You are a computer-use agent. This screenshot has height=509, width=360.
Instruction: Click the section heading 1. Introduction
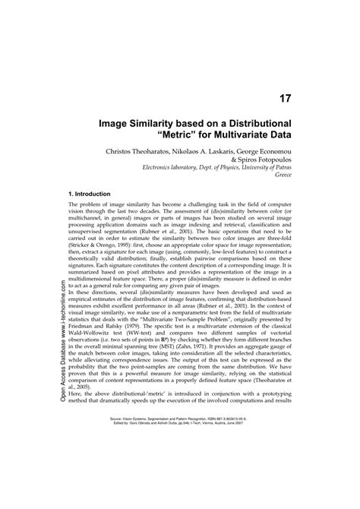(x=90, y=194)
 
